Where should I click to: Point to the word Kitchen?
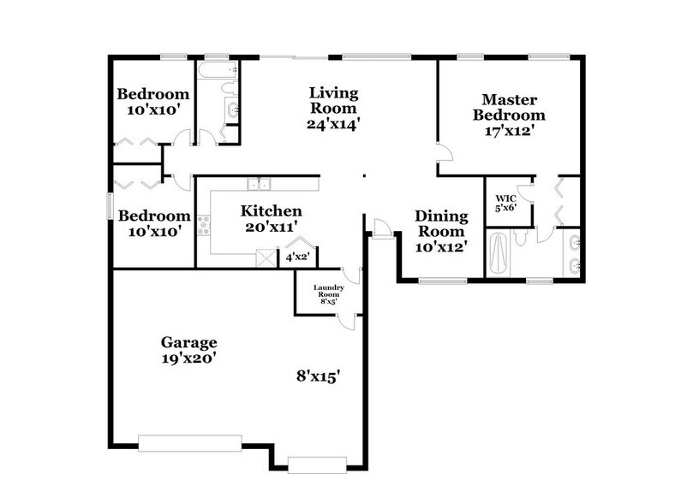pyautogui.click(x=270, y=211)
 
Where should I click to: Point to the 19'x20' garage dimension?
pyautogui.click(x=188, y=359)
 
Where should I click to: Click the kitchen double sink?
pyautogui.click(x=259, y=183)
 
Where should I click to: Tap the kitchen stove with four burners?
pyautogui.click(x=204, y=225)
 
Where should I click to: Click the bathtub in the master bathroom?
pyautogui.click(x=499, y=252)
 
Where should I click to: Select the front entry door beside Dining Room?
pyautogui.click(x=383, y=227)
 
